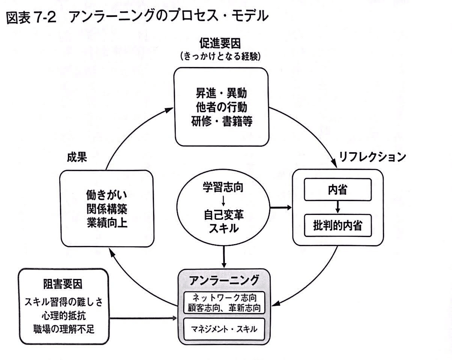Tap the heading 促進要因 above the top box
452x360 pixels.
[x=220, y=43]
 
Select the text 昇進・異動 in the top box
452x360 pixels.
[x=221, y=93]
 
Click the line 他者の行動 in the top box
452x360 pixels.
[x=221, y=107]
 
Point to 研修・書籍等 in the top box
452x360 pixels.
[x=222, y=121]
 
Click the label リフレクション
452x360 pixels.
[x=372, y=157]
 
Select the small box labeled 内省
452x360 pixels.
[x=338, y=189]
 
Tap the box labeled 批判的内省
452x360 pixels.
[x=338, y=225]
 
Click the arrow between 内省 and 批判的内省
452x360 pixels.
[x=337, y=207]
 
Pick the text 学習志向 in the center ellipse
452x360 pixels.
[x=223, y=187]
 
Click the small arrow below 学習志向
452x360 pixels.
[x=223, y=201]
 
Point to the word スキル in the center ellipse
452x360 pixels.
[x=224, y=228]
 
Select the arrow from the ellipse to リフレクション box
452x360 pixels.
[x=280, y=208]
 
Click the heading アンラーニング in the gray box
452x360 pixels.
[x=224, y=280]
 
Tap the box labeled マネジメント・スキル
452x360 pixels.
[x=224, y=329]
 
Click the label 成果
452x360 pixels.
[x=77, y=157]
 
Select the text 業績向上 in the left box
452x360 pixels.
[x=107, y=223]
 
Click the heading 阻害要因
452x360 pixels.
[x=63, y=284]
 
